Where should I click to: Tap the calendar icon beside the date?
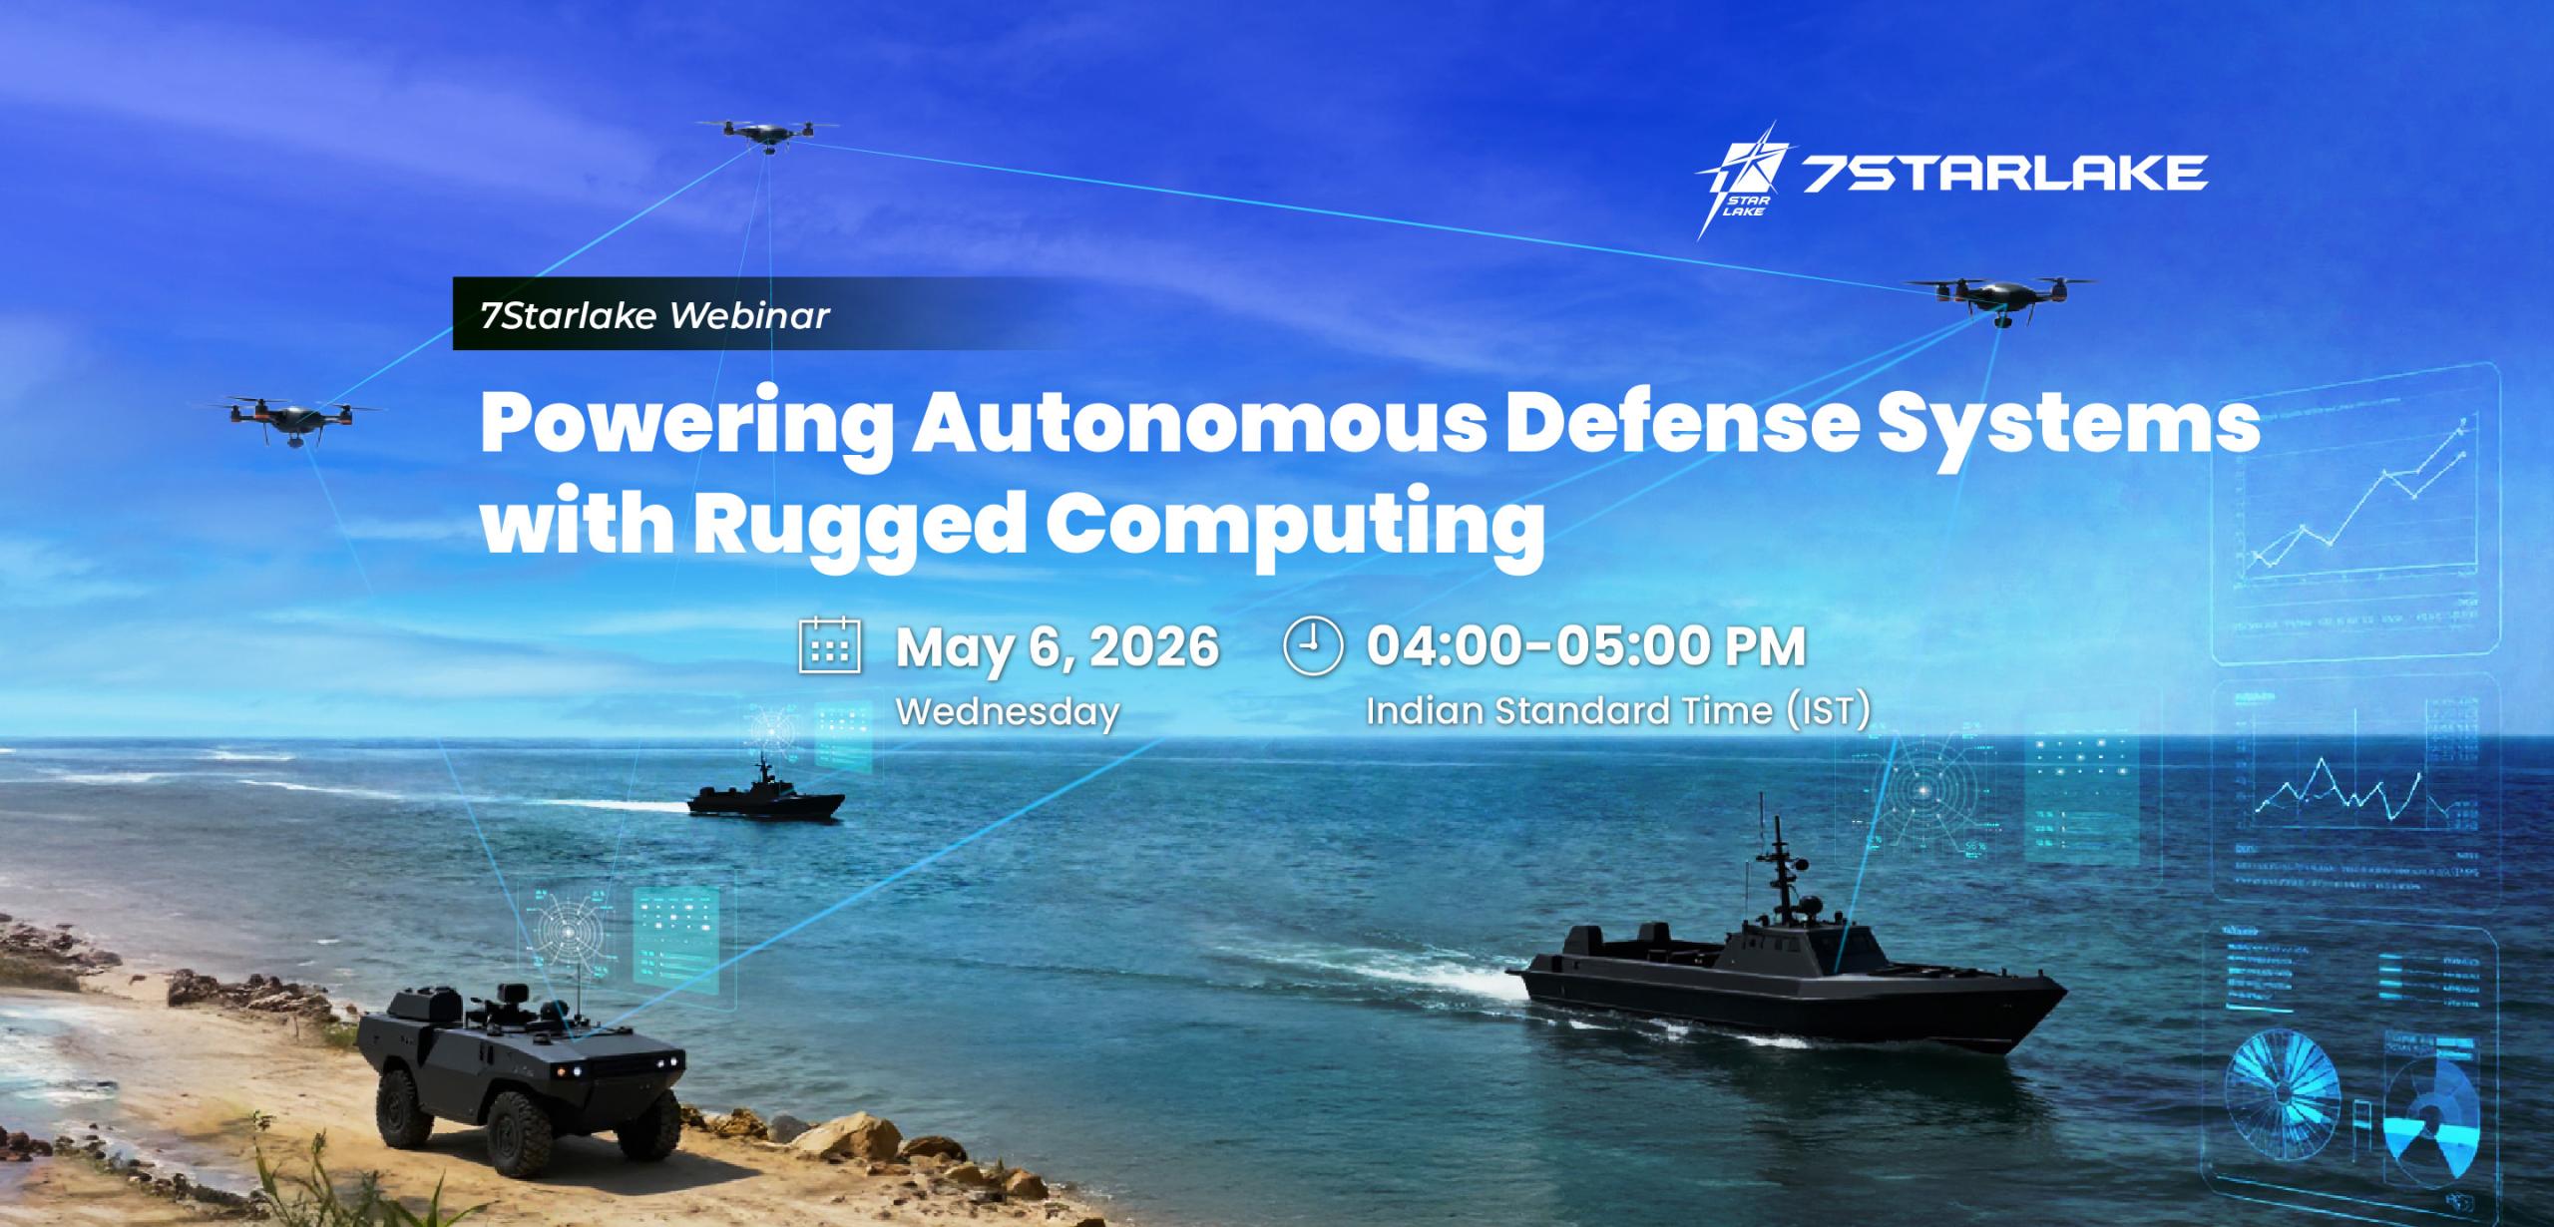point(830,646)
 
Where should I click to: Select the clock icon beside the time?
point(1313,646)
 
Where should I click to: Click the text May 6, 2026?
point(1058,646)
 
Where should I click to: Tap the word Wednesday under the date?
point(1008,712)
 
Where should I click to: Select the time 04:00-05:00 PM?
point(1586,646)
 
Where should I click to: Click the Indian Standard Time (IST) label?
point(1617,711)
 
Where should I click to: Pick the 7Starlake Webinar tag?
point(654,315)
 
